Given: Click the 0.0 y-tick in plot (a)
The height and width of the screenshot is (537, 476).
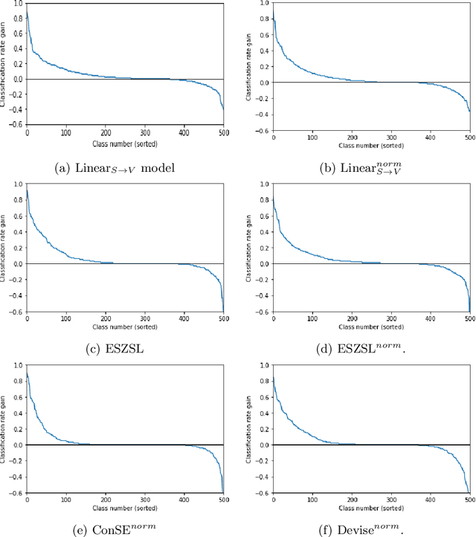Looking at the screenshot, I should (17, 79).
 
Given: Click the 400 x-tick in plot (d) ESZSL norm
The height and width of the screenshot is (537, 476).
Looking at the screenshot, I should (430, 319).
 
